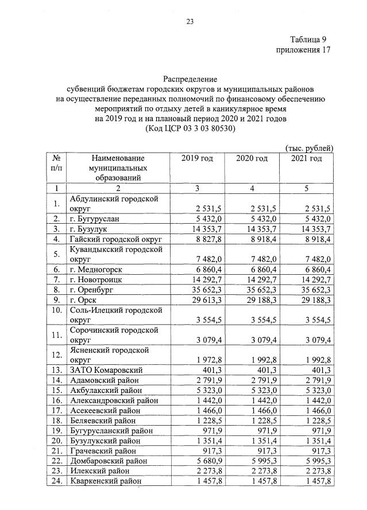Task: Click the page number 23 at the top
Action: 190,22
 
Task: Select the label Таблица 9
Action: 311,39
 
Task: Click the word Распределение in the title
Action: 190,78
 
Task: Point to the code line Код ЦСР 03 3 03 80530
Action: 190,129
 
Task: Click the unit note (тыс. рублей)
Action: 309,148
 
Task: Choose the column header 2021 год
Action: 306,158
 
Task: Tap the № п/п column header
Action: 56,163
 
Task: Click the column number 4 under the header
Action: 252,188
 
